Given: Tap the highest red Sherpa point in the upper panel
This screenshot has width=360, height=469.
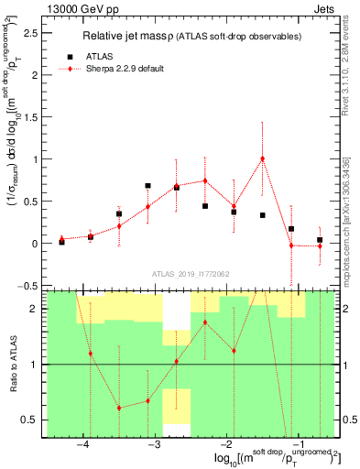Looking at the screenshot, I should point(262,158).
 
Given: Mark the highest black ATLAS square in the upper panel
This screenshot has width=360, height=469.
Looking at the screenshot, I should point(147,186).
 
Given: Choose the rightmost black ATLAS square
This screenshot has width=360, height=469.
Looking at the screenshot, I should point(319,240).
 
